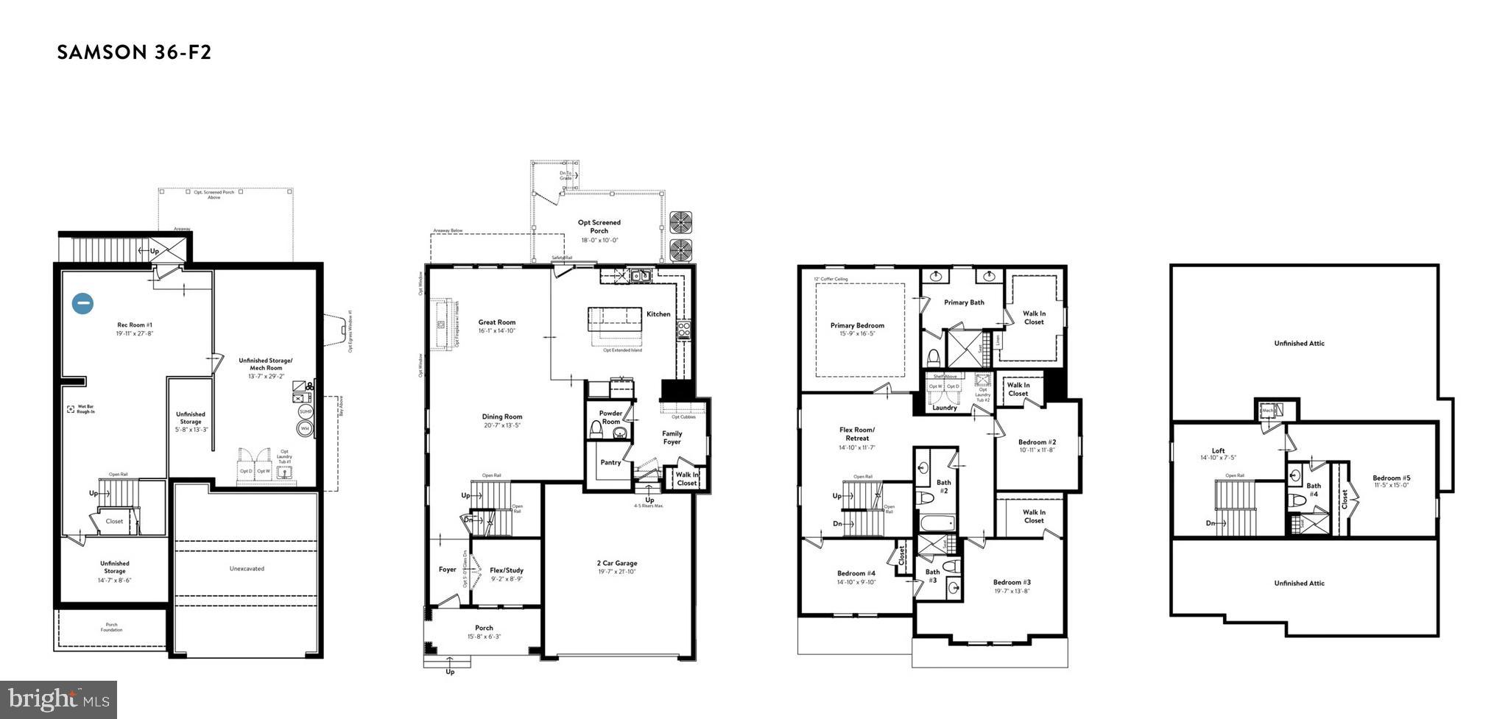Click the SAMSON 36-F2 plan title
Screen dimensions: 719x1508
134,52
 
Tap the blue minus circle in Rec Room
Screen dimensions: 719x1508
82,303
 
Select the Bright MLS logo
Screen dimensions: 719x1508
59,698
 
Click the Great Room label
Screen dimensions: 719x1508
497,322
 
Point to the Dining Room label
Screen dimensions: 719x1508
502,417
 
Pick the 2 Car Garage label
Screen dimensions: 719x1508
617,564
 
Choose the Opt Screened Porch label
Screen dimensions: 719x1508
599,227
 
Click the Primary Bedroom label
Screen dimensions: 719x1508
857,325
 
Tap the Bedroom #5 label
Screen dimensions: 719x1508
1392,478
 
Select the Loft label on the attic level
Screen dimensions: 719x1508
1218,451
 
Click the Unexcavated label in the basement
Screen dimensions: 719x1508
247,569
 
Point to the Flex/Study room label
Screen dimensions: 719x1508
507,570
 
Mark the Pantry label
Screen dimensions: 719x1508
610,463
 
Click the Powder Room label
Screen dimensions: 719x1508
610,417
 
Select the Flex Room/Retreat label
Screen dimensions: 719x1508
857,434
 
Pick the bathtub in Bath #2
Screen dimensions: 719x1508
937,524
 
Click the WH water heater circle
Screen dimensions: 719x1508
305,428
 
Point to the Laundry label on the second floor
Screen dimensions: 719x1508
944,408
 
